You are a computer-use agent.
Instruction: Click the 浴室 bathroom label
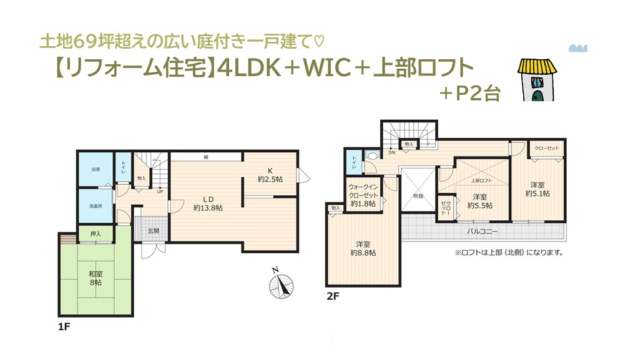click(x=96, y=169)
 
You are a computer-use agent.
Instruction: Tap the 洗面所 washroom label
click(x=96, y=207)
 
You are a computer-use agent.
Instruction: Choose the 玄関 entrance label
click(x=154, y=231)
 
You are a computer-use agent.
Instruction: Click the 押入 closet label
click(x=96, y=234)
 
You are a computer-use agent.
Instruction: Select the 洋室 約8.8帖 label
click(x=363, y=248)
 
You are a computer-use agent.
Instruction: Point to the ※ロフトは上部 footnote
click(x=509, y=253)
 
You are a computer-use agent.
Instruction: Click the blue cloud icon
click(x=579, y=48)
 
